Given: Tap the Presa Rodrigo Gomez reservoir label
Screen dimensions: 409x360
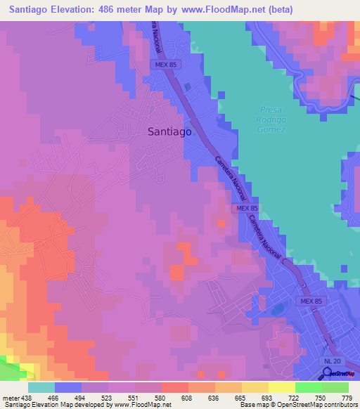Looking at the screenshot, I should pyautogui.click(x=271, y=119).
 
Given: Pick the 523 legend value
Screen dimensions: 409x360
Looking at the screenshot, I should pyautogui.click(x=107, y=398).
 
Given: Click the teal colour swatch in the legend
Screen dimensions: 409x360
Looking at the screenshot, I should pyautogui.click(x=41, y=387).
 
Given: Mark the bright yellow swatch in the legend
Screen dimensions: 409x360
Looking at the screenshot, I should pyautogui.click(x=282, y=387).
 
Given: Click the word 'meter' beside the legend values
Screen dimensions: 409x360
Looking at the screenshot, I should pyautogui.click(x=11, y=398).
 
